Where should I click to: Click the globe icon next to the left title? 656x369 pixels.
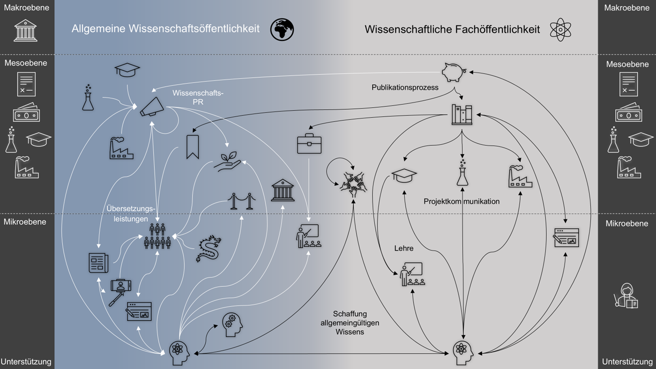click(x=282, y=30)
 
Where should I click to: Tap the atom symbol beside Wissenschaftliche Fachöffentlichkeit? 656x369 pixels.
click(x=560, y=30)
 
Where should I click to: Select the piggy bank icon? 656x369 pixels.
click(x=453, y=72)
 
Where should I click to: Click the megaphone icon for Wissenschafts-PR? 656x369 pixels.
click(x=152, y=107)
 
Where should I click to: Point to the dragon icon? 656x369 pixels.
click(x=209, y=249)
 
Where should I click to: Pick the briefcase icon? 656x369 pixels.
click(x=309, y=144)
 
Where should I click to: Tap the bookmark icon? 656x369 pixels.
click(x=192, y=147)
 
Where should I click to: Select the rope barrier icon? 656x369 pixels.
click(x=241, y=201)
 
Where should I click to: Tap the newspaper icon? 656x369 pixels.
click(x=98, y=263)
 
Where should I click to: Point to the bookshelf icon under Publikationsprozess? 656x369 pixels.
click(x=462, y=115)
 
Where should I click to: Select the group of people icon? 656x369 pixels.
click(x=157, y=237)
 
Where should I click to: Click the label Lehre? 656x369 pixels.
click(x=403, y=248)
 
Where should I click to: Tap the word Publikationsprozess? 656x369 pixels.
click(x=405, y=87)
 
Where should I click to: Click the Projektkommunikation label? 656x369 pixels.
click(x=461, y=201)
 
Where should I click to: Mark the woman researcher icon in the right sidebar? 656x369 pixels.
click(x=626, y=296)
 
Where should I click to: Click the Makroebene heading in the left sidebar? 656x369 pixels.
click(x=26, y=7)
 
